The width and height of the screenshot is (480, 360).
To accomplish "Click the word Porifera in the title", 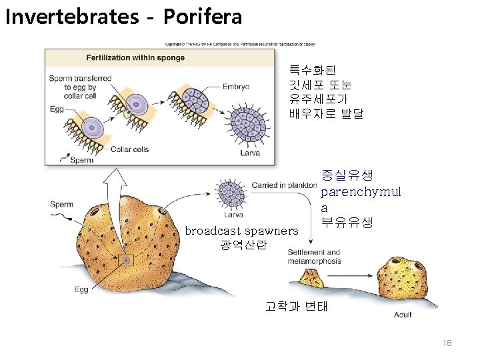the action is click(x=202, y=17).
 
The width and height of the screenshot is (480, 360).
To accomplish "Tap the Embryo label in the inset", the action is click(x=236, y=86).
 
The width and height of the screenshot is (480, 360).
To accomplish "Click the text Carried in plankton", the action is click(x=284, y=184).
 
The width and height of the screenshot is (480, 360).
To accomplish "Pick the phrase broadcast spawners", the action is click(x=241, y=231).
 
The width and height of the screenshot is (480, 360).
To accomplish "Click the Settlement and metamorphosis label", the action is click(x=314, y=257).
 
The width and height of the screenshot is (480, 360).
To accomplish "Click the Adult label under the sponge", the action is click(x=403, y=315).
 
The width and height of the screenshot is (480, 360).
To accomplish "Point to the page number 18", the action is click(x=447, y=343).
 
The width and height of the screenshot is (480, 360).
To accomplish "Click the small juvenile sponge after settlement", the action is click(x=311, y=276).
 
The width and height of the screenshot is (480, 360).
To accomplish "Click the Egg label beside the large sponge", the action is click(x=81, y=289).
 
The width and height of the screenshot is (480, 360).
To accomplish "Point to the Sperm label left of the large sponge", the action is click(x=61, y=204).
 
